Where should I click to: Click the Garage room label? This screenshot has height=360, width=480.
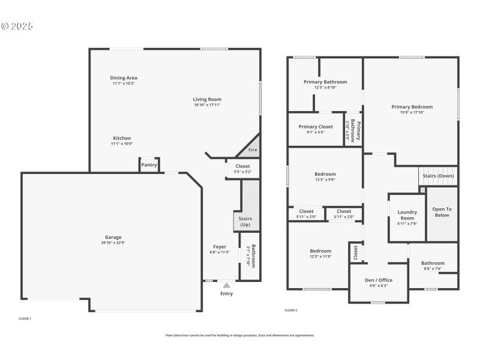coord(113,238)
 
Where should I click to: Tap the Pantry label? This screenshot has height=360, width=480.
coord(149,165)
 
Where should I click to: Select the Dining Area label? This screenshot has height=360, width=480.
coord(124,78)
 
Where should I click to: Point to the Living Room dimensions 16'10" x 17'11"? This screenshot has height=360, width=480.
coord(207,105)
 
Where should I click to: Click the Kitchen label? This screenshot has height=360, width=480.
coord(122,138)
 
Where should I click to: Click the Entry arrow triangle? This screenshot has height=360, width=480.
coord(226,286)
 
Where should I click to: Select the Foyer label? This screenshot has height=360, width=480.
coord(220,247)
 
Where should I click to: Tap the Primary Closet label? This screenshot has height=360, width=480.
coord(316,127)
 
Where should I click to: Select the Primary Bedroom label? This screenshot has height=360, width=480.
coord(412,107)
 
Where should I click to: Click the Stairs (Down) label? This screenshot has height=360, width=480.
coord(438,176)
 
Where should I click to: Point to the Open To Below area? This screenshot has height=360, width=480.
coord(442,212)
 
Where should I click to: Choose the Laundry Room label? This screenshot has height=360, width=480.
coord(407,215)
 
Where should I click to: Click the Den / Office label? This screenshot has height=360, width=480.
coord(379,280)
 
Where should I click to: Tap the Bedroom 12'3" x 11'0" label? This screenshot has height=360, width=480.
coord(320,251)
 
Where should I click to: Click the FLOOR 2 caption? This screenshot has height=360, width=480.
coord(290,310)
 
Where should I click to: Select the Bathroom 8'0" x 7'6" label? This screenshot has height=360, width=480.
coord(433,263)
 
